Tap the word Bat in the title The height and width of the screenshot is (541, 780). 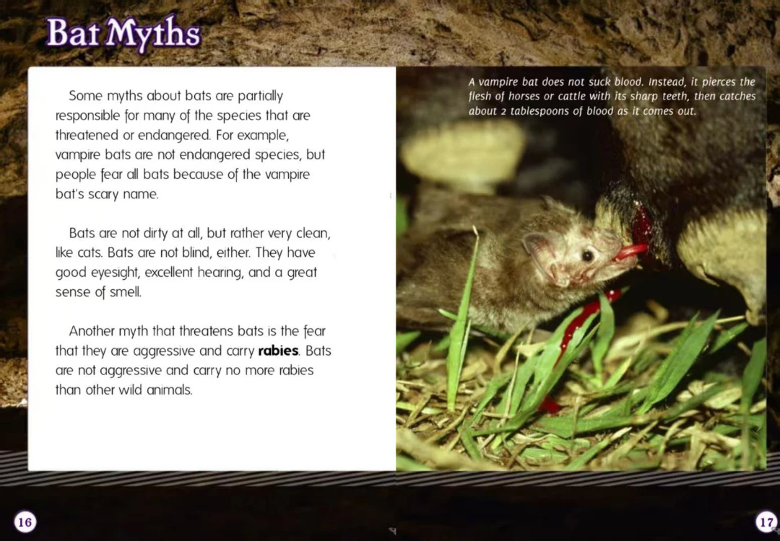click(x=74, y=32)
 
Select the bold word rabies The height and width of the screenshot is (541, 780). click(x=279, y=351)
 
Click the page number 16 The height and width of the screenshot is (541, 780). click(x=25, y=522)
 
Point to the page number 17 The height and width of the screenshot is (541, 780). click(x=766, y=522)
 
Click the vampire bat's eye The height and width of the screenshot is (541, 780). click(x=588, y=255)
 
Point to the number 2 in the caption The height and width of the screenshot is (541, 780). click(x=503, y=112)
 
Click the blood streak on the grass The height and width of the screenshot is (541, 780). click(x=582, y=323)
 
